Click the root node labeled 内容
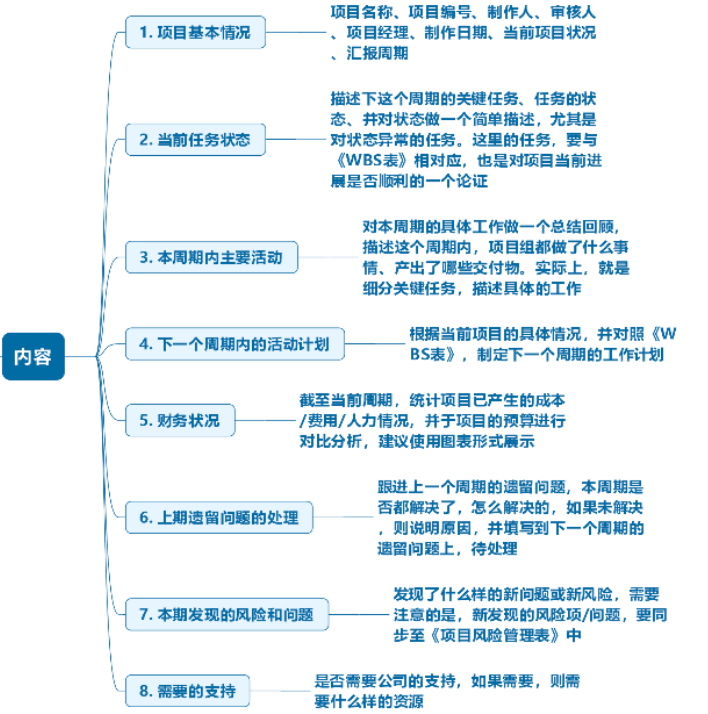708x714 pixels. click(x=33, y=355)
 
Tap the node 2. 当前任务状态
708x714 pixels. click(x=196, y=139)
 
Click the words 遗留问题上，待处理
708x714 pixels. click(x=447, y=548)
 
